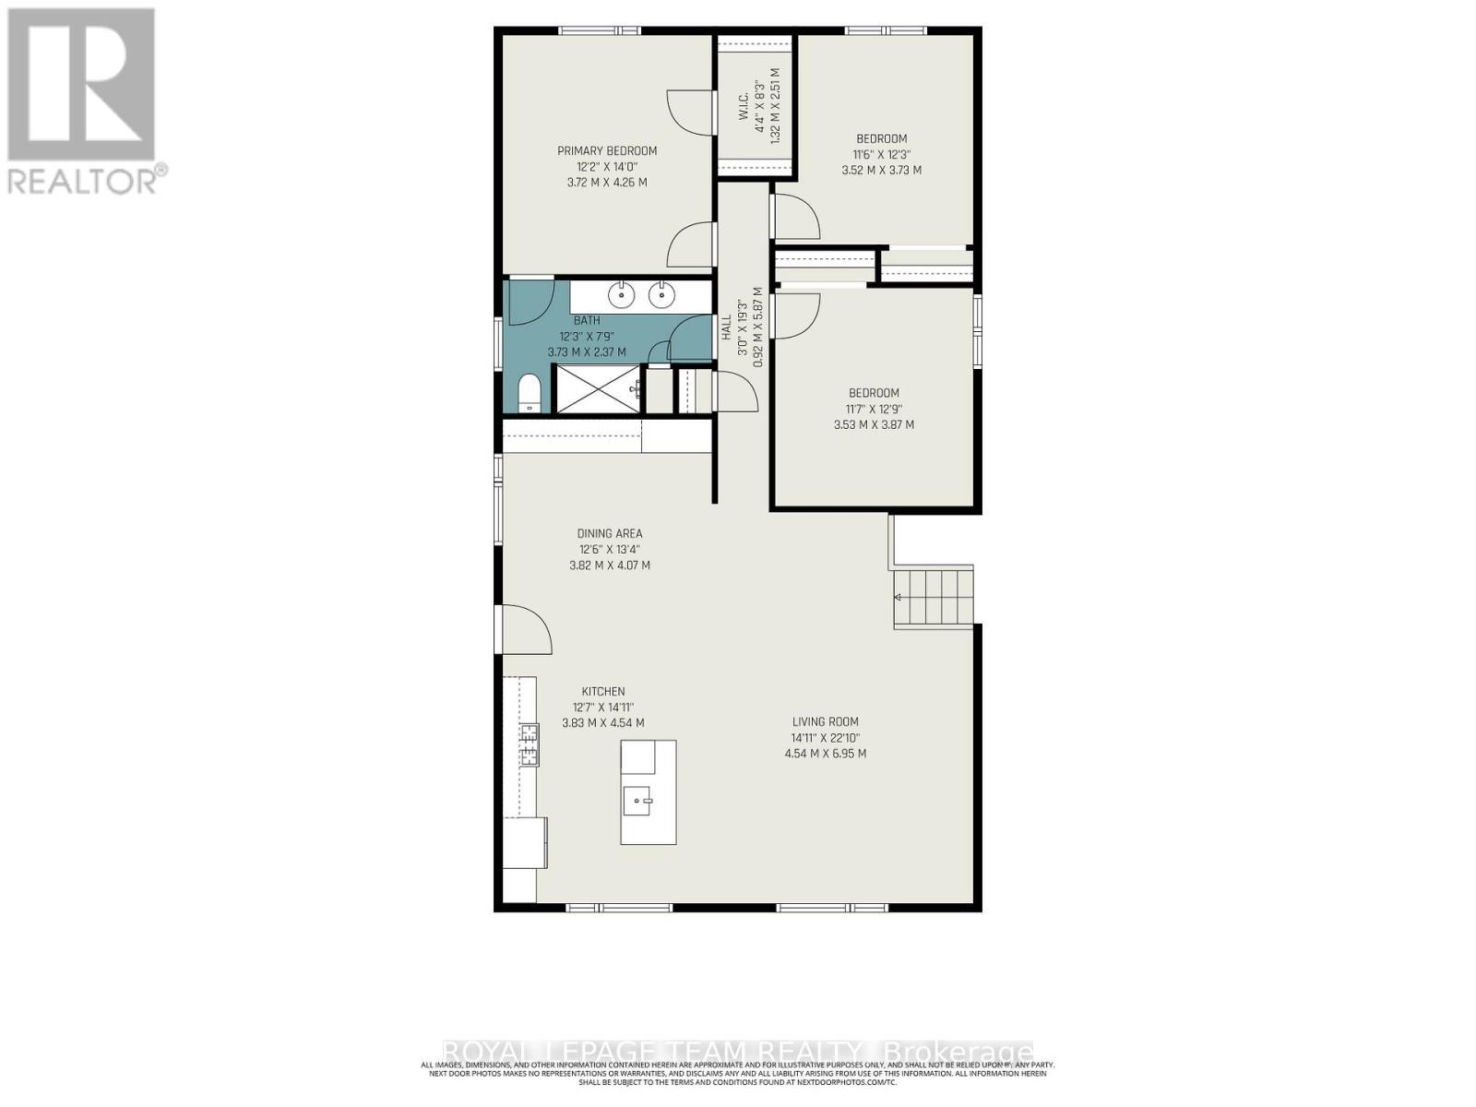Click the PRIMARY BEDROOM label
click(x=606, y=151)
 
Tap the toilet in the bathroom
click(x=529, y=394)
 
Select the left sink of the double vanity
click(x=621, y=295)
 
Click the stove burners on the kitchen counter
click(x=530, y=745)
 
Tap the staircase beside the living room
click(x=934, y=598)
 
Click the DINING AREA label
click(x=609, y=533)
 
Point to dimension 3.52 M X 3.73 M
click(x=881, y=170)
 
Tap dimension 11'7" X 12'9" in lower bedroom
click(x=873, y=409)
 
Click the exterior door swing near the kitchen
click(x=524, y=630)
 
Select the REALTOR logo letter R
click(x=81, y=85)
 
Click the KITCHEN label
click(x=602, y=691)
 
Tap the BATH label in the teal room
click(x=587, y=320)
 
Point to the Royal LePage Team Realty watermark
click(x=738, y=1053)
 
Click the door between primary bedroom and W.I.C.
click(x=692, y=113)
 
